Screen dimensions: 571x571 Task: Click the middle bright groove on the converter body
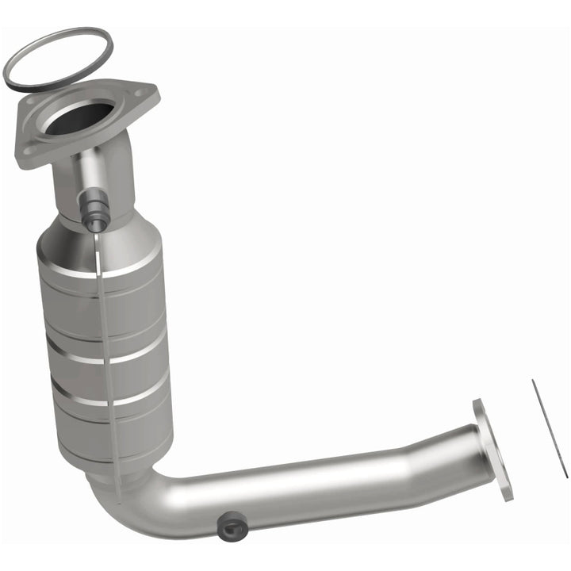tap(107, 349)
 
